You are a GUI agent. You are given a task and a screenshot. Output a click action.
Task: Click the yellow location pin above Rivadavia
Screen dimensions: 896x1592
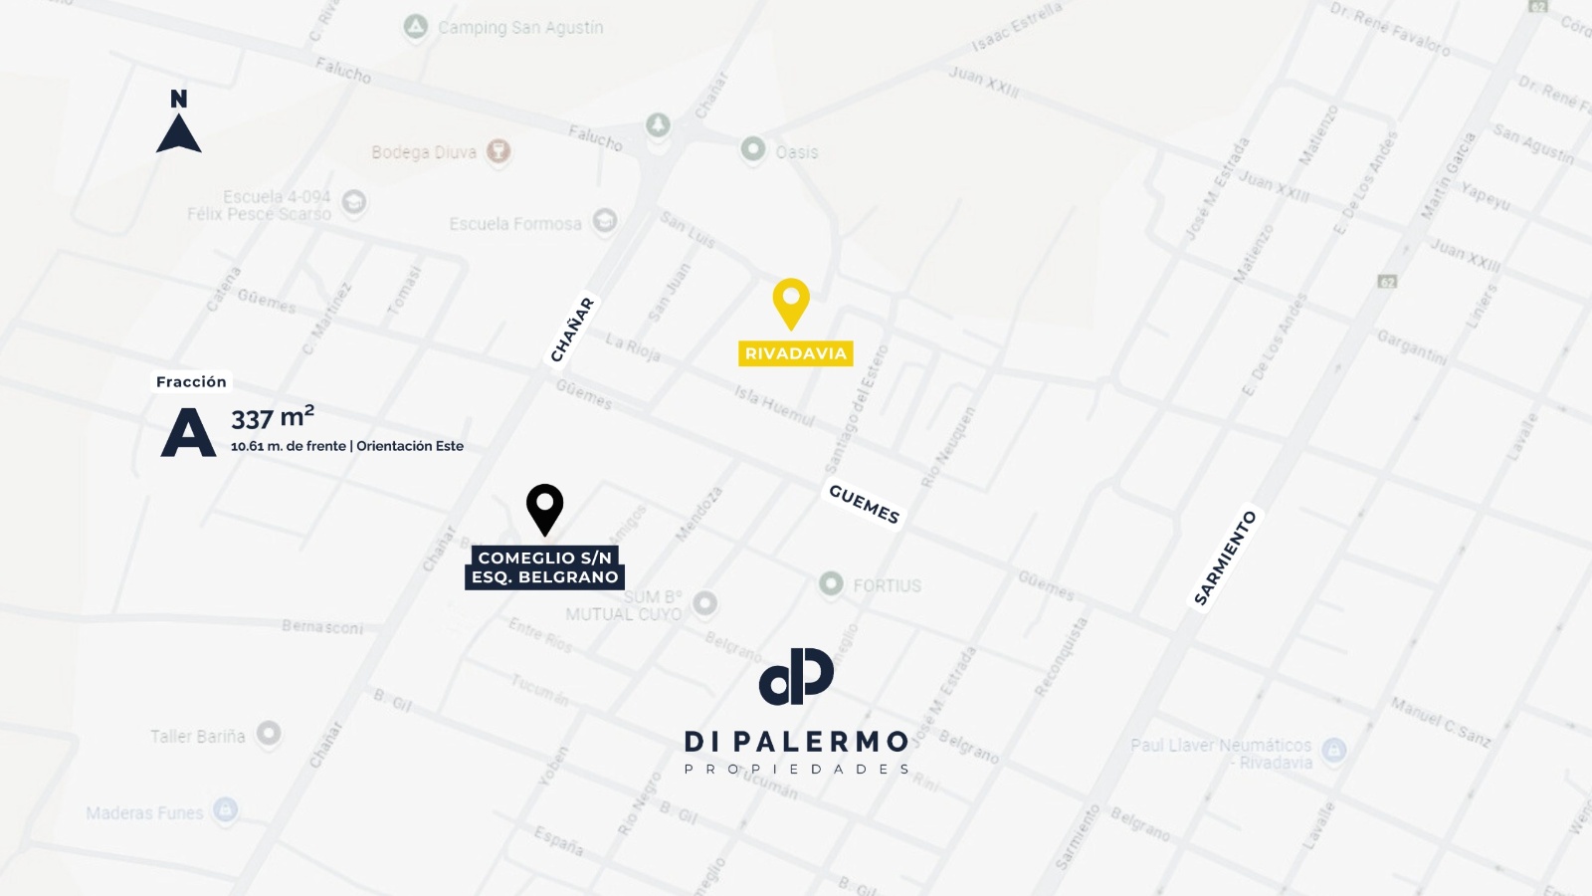(x=791, y=302)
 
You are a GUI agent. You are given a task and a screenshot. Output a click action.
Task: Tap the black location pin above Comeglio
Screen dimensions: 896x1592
(x=544, y=508)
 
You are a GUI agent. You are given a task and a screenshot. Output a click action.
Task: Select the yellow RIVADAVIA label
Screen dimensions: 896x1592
(x=795, y=353)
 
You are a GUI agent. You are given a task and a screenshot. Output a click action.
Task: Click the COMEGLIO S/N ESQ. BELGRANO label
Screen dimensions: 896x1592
(x=544, y=567)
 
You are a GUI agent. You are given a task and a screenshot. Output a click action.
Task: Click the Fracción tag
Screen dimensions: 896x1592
(x=191, y=381)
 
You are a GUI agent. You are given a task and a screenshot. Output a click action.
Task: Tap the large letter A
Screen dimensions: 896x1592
(x=188, y=432)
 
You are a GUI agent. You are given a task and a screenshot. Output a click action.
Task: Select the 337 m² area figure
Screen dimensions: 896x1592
(x=273, y=417)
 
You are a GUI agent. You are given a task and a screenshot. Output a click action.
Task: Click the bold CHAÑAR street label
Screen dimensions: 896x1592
(x=572, y=330)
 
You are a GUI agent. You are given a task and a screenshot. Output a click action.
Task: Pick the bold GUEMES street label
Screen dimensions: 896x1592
(x=864, y=504)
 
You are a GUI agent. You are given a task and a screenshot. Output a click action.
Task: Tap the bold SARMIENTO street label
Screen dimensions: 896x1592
(x=1225, y=558)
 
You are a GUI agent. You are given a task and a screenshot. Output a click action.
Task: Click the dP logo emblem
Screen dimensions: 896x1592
(x=796, y=676)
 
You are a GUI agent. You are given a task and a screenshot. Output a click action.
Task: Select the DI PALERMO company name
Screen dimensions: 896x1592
(x=796, y=742)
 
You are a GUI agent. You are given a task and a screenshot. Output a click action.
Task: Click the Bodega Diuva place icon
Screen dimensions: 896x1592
(x=498, y=151)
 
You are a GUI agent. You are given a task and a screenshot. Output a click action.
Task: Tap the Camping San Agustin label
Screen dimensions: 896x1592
(x=520, y=28)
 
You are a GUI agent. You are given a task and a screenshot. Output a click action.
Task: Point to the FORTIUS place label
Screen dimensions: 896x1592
(x=887, y=585)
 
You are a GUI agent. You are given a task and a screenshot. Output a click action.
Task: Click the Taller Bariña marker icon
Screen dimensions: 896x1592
(x=269, y=734)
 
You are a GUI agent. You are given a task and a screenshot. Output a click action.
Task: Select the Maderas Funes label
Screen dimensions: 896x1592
(x=144, y=812)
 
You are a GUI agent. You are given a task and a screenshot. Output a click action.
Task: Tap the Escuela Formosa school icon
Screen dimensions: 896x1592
(x=604, y=221)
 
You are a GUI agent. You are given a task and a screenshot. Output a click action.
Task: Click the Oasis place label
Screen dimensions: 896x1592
(x=796, y=152)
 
